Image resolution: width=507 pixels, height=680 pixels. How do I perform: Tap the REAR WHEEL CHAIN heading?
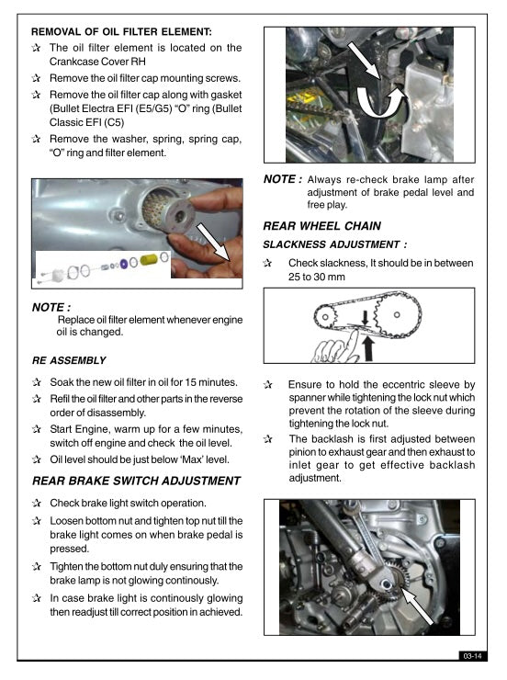321,225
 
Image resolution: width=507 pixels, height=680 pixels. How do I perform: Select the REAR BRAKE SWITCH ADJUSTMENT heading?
135,481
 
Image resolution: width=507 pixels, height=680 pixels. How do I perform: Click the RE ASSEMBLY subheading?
69,360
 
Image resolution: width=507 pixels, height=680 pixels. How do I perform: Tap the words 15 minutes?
211,381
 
